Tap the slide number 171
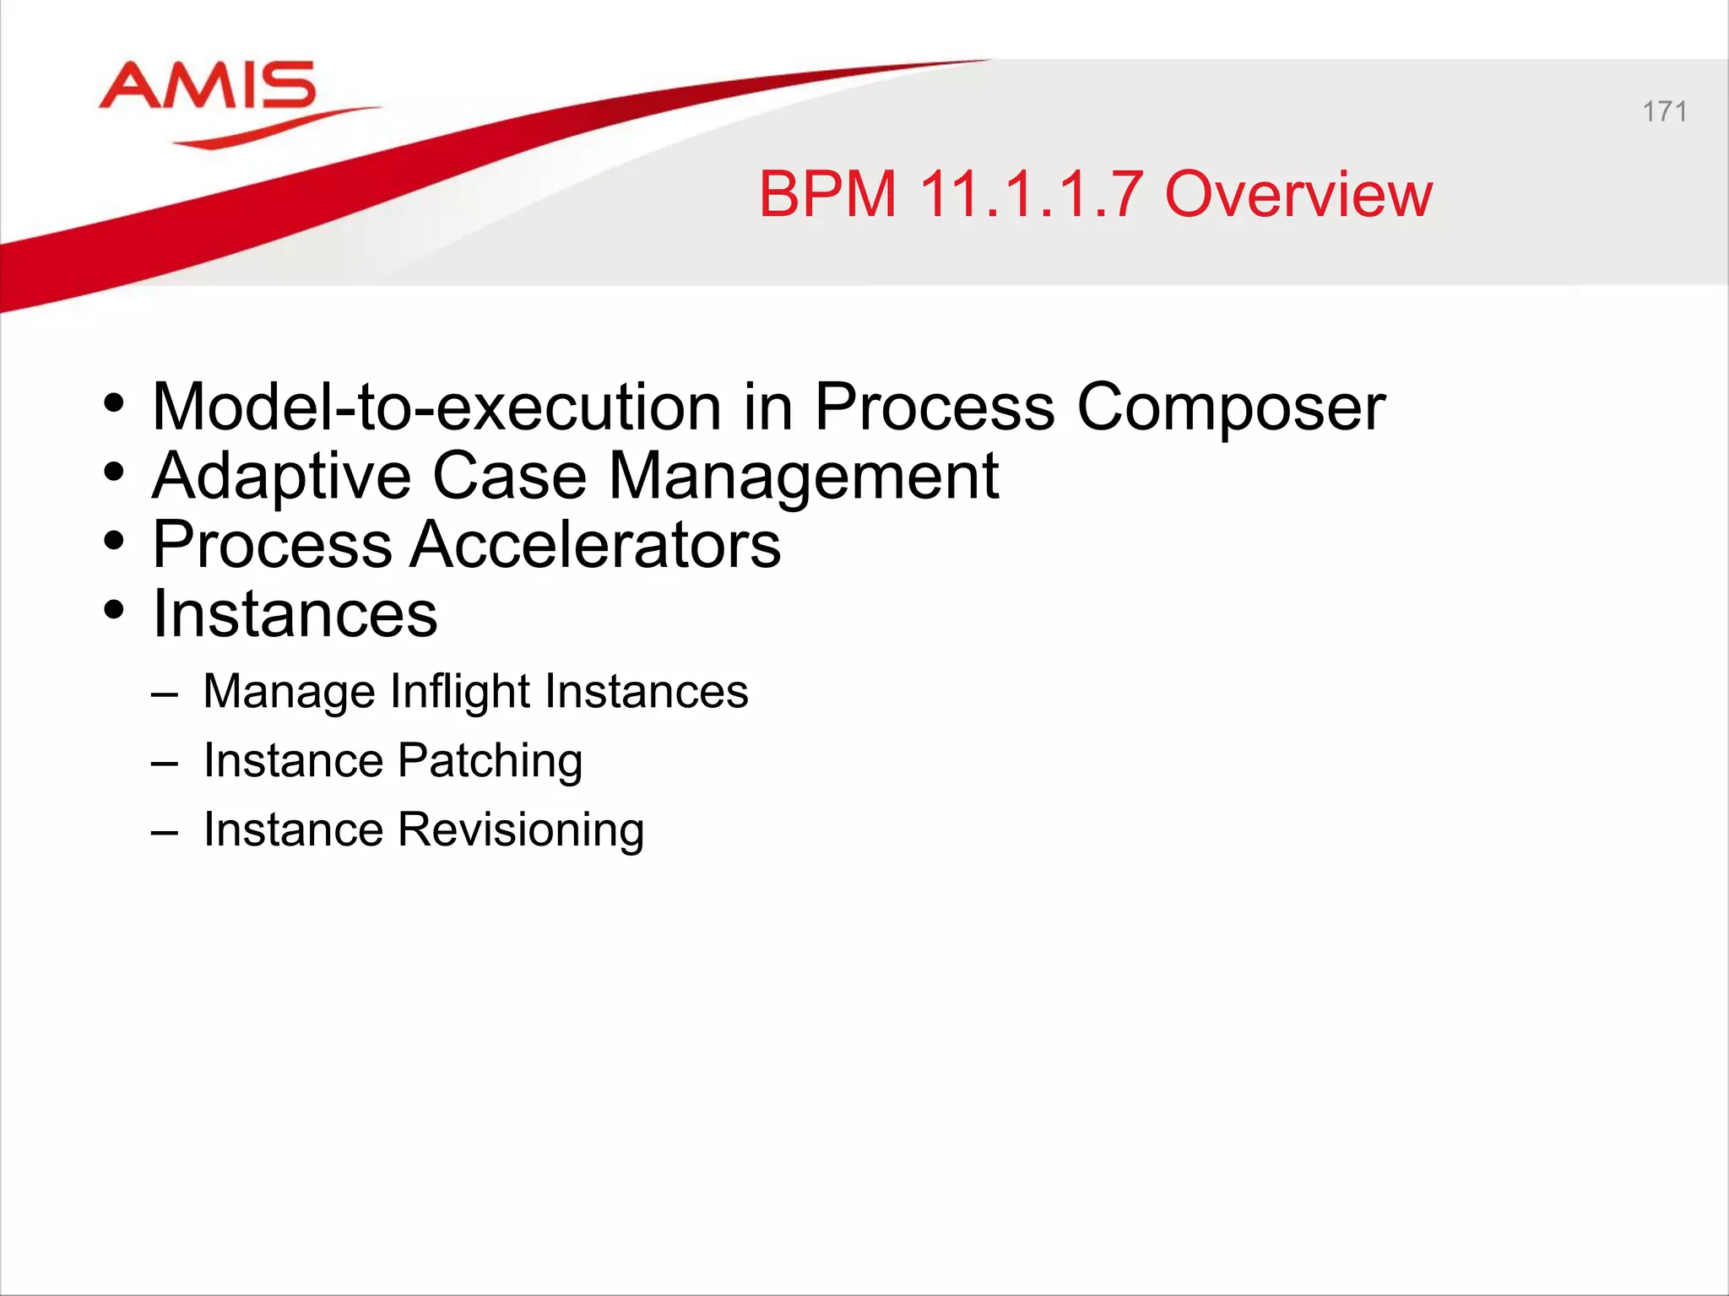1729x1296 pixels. pos(1664,111)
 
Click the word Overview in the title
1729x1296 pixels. pos(1298,195)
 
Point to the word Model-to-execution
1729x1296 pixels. pos(436,407)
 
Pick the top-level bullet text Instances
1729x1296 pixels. pos(295,614)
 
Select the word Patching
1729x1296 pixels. pos(490,762)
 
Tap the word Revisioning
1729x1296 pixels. pos(520,831)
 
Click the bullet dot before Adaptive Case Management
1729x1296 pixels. pos(114,472)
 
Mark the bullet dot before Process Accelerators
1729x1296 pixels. pos(114,541)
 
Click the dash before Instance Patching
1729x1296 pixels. pos(165,764)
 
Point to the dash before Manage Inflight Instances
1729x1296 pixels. pos(165,694)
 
